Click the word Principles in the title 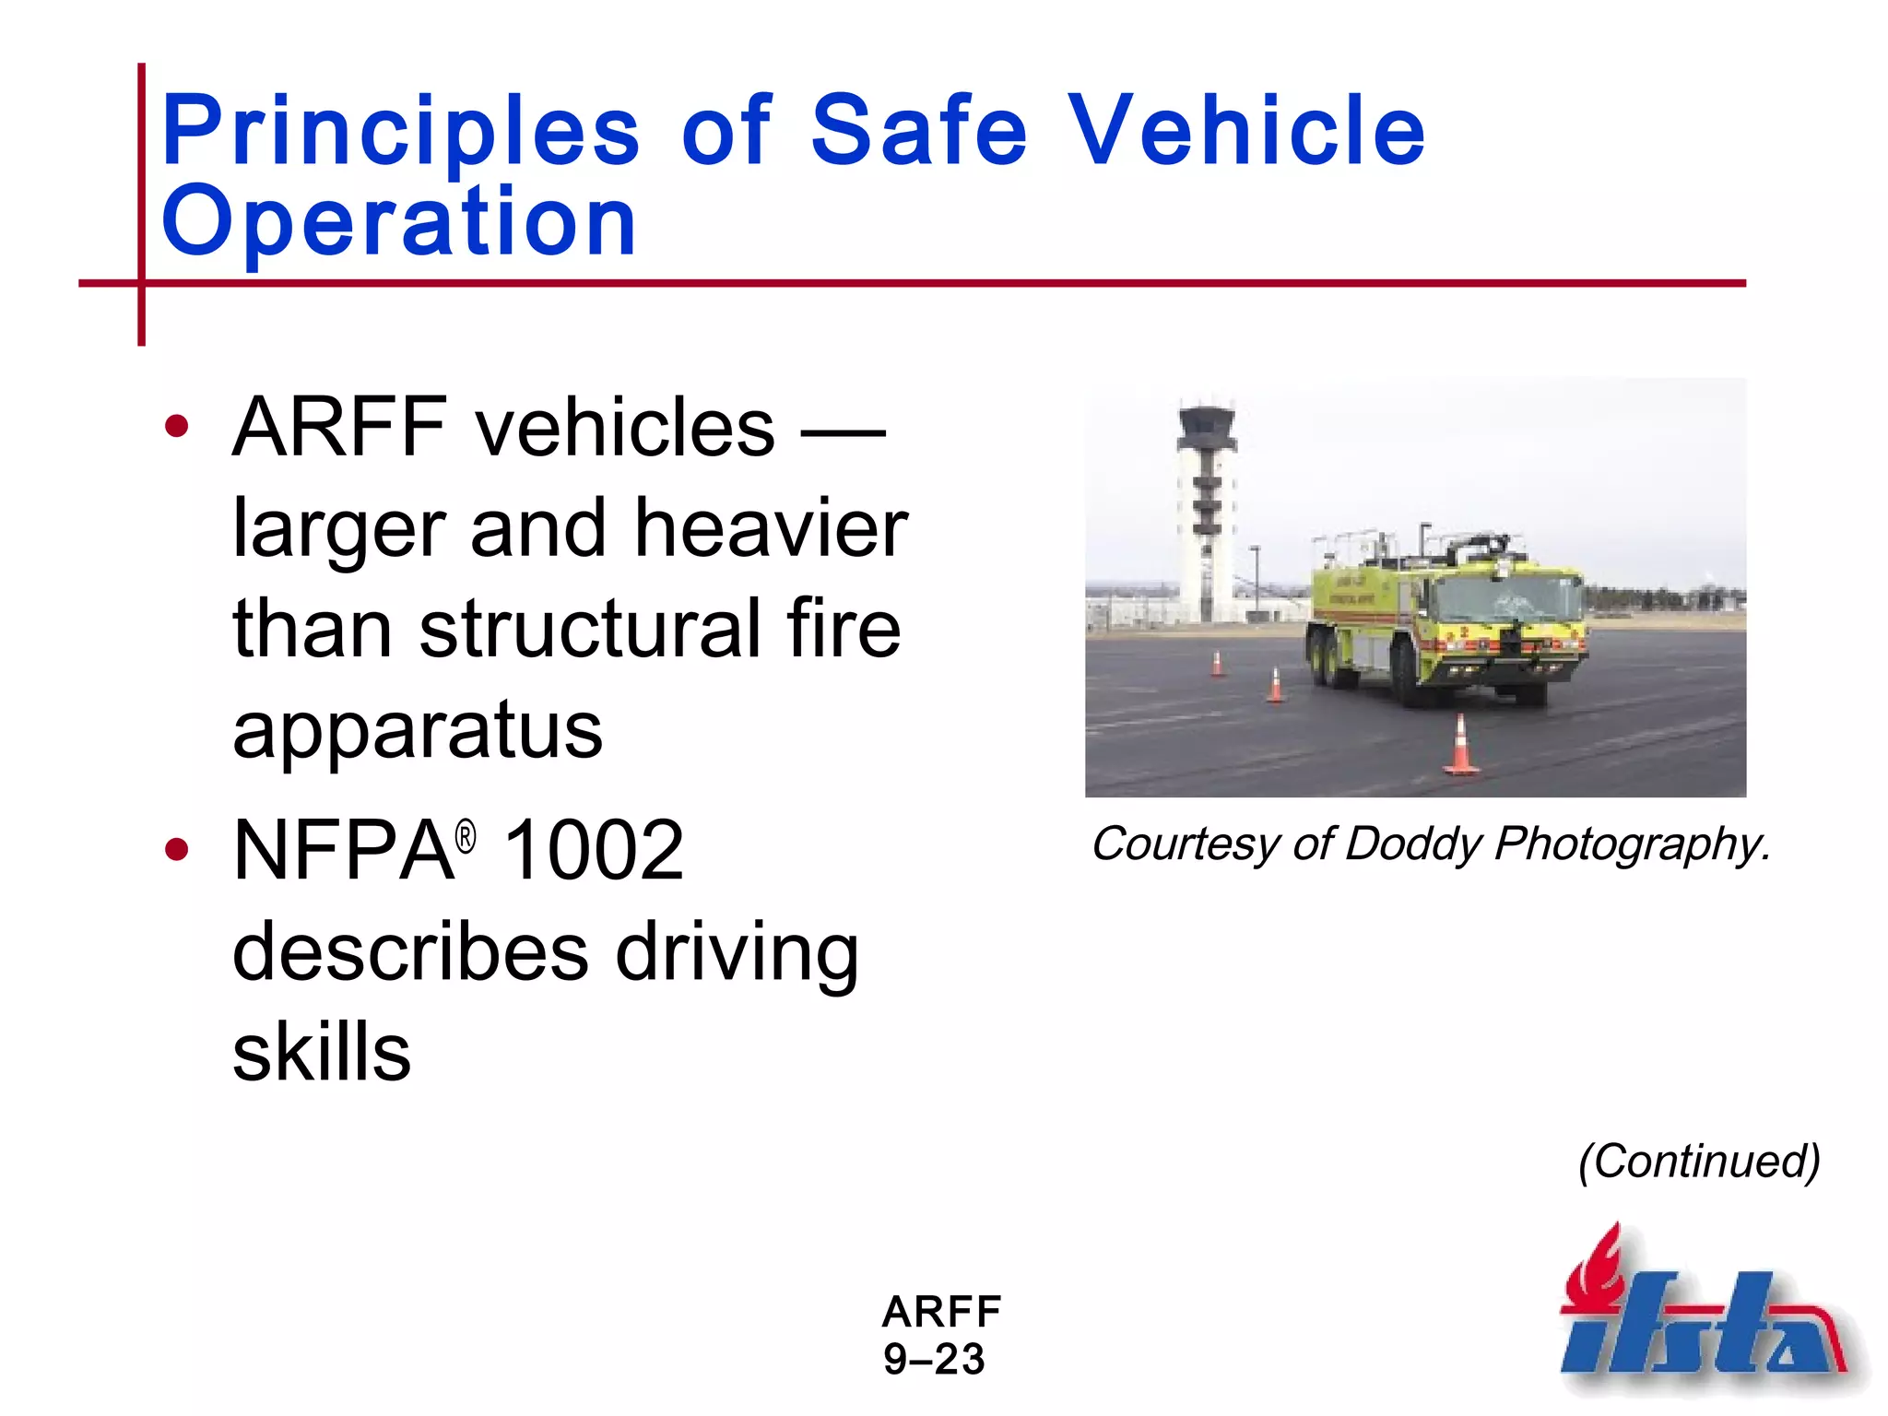[399, 131]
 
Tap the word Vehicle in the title [1246, 131]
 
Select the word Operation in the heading [398, 221]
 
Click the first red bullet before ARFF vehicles [176, 427]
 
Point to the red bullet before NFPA [176, 849]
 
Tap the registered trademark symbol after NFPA [466, 837]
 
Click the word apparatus [418, 730]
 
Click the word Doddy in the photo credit [1413, 844]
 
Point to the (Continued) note [1699, 1161]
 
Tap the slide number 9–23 [934, 1360]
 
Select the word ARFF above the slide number [941, 1311]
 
